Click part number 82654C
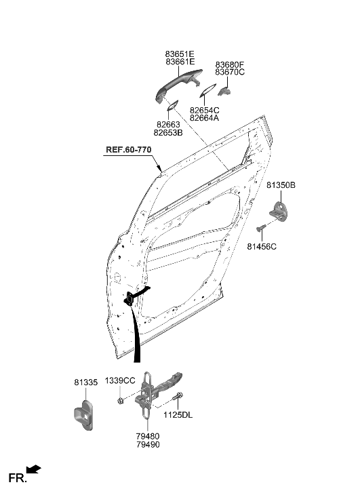(x=205, y=109)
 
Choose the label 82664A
(x=205, y=118)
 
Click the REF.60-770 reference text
(x=128, y=150)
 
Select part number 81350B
(x=281, y=184)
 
